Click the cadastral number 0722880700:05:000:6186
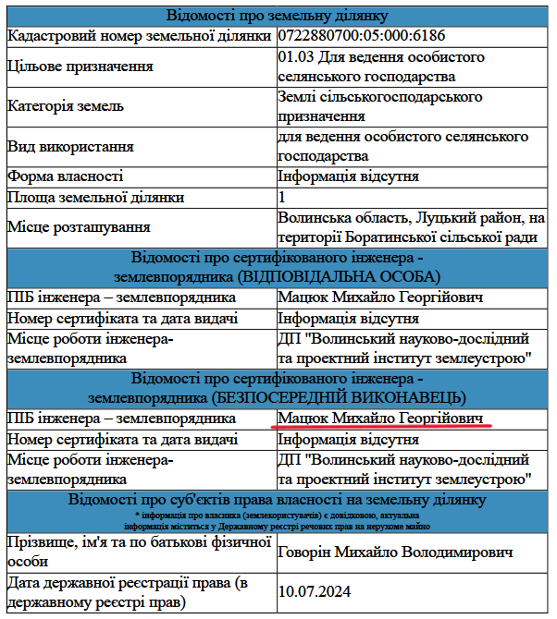click(361, 35)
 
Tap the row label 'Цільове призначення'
click(80, 67)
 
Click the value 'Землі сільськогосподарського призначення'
click(379, 106)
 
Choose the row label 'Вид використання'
click(70, 146)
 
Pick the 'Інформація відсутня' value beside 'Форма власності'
click(348, 176)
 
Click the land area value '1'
click(282, 197)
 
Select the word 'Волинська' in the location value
click(312, 218)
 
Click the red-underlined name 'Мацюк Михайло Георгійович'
click(381, 419)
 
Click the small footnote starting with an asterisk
click(278, 519)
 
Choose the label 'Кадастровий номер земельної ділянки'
click(139, 35)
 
